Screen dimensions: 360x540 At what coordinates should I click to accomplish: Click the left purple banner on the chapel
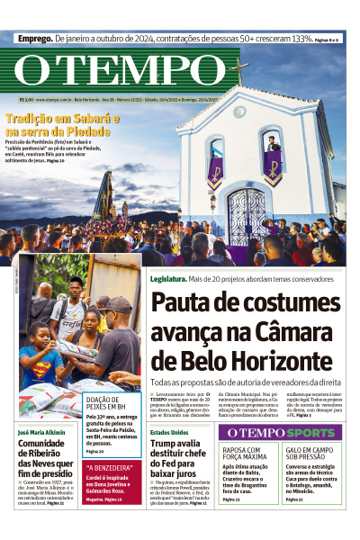tap(216, 171)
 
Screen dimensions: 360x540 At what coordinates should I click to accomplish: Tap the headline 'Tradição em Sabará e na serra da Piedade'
tap(56, 124)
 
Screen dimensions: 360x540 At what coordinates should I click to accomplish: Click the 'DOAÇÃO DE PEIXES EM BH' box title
tap(110, 403)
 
